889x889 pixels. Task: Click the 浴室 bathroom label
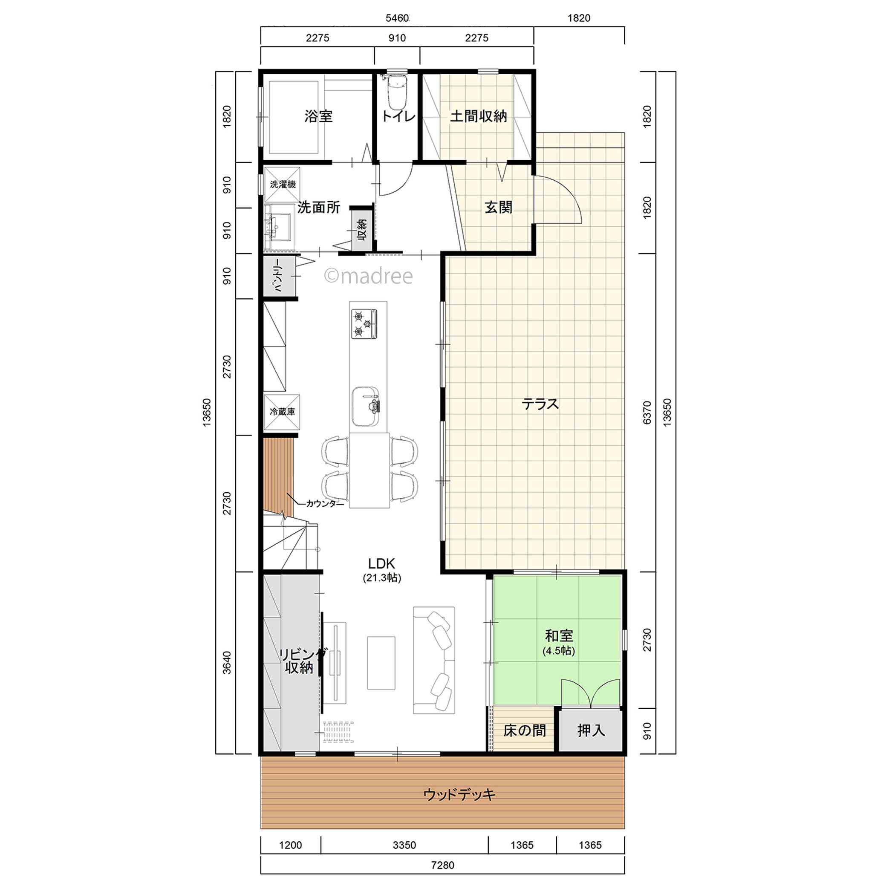(318, 116)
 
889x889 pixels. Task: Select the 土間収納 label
(478, 116)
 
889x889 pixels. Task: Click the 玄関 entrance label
(498, 207)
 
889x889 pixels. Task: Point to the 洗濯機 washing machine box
(282, 185)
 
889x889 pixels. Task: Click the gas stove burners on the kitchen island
(364, 324)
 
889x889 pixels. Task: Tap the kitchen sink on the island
(366, 407)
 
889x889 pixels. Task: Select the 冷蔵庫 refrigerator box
(282, 412)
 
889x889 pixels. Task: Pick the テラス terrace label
(540, 404)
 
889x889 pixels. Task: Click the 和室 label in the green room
(559, 635)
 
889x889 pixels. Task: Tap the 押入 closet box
(591, 730)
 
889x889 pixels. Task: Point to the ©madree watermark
(368, 276)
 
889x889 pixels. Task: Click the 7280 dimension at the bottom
(443, 865)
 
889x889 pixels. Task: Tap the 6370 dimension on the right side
(647, 413)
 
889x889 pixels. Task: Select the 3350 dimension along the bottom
(404, 845)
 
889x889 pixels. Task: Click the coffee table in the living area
(381, 663)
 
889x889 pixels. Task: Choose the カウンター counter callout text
(325, 504)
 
